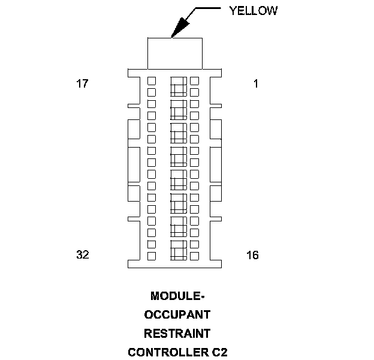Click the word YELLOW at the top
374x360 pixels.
click(x=254, y=11)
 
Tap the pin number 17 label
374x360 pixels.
click(x=82, y=84)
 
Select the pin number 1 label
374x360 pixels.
click(x=256, y=84)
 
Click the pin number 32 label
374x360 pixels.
click(x=83, y=254)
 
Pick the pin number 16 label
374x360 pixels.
click(x=252, y=255)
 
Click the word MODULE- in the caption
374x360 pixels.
click(x=177, y=296)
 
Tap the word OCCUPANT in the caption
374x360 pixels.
click(x=177, y=314)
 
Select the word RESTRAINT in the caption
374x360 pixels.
click(x=177, y=332)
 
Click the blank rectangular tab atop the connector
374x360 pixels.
click(x=174, y=53)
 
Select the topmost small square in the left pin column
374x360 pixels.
click(x=152, y=80)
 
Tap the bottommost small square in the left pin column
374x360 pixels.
click(x=152, y=256)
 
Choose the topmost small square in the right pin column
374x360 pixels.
click(x=194, y=80)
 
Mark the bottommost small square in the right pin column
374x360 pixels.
click(x=194, y=256)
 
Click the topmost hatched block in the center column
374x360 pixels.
click(x=179, y=86)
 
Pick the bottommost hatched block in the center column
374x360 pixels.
click(x=179, y=250)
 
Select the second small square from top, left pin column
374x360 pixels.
click(x=152, y=92)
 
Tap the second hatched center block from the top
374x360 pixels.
click(x=179, y=109)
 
